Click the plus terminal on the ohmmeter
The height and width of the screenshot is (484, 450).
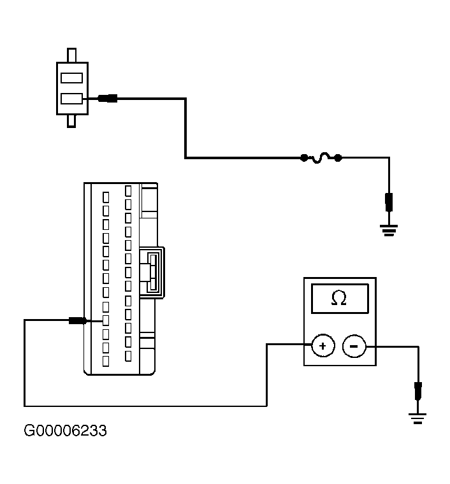(323, 346)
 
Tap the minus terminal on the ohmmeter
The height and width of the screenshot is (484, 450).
(354, 346)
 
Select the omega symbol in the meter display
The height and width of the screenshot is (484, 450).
(339, 298)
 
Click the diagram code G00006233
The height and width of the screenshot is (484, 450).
(65, 431)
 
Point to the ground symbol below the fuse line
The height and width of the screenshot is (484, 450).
(389, 231)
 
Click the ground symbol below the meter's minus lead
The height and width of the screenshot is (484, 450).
(417, 418)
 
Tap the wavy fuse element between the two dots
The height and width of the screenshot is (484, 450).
(321, 158)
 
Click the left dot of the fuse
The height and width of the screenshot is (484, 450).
(304, 158)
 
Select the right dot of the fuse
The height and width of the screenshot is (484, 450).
(338, 158)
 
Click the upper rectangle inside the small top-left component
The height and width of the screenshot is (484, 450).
(71, 78)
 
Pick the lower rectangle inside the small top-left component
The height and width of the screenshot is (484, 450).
(71, 99)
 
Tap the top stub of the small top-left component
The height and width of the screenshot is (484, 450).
(71, 55)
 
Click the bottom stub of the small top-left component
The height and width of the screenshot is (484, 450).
(71, 121)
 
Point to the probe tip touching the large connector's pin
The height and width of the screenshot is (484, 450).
(78, 321)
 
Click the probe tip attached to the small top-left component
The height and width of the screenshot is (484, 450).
(108, 99)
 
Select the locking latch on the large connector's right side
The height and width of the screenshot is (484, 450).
(152, 273)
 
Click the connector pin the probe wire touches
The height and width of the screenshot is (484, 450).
(106, 320)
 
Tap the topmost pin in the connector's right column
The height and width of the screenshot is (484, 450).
(128, 191)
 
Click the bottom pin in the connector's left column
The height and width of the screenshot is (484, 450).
(106, 361)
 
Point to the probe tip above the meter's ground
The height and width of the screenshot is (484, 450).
(418, 391)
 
